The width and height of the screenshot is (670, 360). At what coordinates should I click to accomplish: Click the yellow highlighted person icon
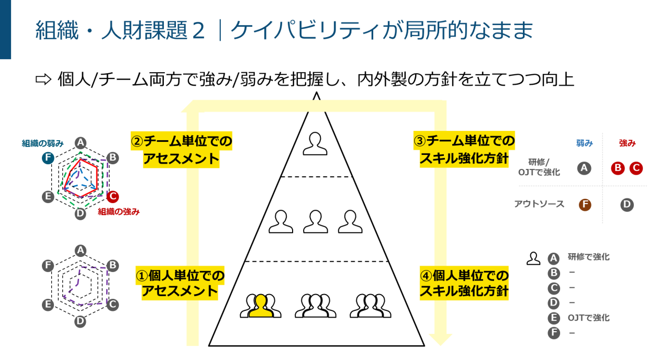tap(261, 306)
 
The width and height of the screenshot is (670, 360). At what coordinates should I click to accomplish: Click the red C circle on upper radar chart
tap(113, 197)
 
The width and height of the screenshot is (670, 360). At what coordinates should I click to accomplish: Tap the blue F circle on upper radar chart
tap(48, 158)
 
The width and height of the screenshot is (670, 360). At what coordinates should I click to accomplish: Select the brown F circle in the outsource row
tap(585, 205)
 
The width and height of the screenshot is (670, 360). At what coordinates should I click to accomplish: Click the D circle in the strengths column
tap(627, 205)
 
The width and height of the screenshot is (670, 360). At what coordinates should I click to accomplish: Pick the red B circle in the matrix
tap(618, 168)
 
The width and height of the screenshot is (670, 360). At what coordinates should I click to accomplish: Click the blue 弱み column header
tap(584, 143)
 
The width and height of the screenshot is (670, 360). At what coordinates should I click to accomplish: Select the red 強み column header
tap(627, 143)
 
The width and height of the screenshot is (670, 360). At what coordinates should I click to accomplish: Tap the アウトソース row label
tap(539, 204)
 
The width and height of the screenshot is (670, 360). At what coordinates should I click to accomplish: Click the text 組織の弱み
tap(42, 143)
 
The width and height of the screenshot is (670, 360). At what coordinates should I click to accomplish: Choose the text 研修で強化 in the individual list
tap(588, 257)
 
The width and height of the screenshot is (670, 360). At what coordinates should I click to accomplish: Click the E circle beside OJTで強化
tap(553, 318)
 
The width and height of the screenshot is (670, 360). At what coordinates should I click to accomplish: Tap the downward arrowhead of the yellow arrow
tap(439, 339)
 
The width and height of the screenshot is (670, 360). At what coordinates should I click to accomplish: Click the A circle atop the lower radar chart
tap(80, 250)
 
